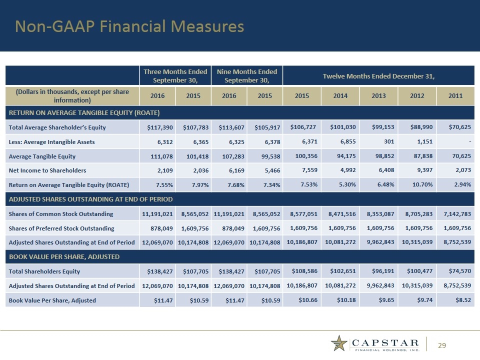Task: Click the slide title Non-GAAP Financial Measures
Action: pyautogui.click(x=129, y=26)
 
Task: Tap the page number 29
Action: pyautogui.click(x=442, y=345)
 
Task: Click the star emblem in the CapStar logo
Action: pyautogui.click(x=339, y=344)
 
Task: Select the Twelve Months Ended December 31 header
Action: pyautogui.click(x=378, y=75)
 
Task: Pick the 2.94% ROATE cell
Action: pyautogui.click(x=461, y=185)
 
